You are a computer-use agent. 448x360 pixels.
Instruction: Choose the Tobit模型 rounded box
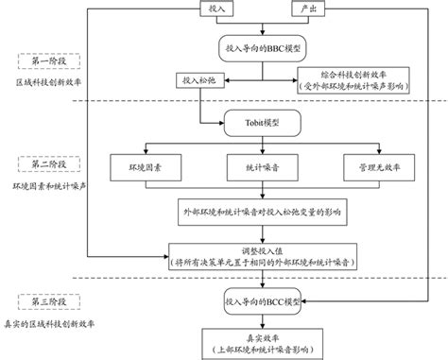(263, 122)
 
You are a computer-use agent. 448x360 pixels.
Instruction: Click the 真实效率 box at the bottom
(263, 340)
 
